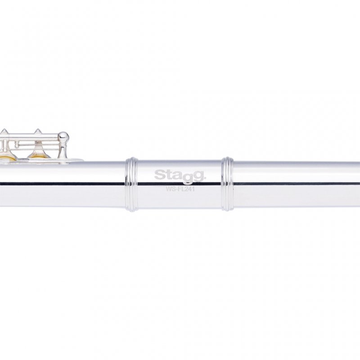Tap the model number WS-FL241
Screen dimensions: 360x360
point(180,189)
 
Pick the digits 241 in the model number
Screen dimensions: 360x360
point(189,189)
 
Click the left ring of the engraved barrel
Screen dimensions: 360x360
point(132,184)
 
